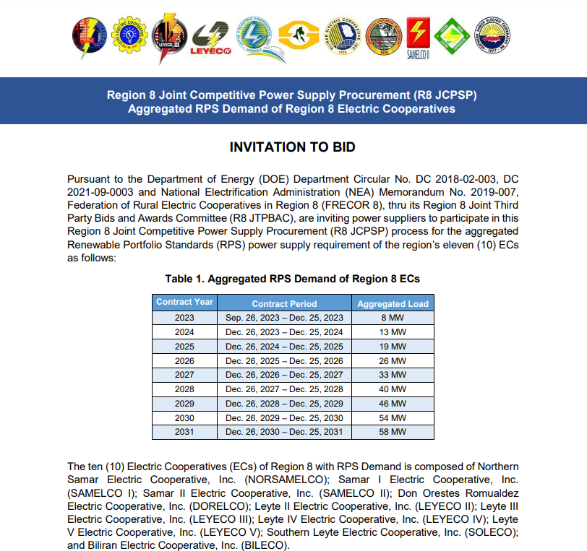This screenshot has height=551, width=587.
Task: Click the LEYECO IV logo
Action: point(210,38)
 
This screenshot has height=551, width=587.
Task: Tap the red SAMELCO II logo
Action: point(419,38)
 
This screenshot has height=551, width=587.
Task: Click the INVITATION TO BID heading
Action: point(293,147)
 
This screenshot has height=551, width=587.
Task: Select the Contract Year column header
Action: point(184,303)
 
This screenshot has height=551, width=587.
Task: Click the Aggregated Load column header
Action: point(393,303)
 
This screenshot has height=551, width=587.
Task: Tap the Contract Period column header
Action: point(284,303)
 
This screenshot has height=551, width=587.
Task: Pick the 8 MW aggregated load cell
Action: point(393,318)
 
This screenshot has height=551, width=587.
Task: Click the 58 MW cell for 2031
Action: point(393,433)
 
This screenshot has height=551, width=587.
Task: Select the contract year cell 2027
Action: point(184,375)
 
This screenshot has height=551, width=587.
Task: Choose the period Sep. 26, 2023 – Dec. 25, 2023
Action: point(284,318)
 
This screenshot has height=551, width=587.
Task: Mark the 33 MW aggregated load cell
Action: point(393,375)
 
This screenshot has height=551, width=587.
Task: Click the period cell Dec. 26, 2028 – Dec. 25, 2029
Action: point(284,404)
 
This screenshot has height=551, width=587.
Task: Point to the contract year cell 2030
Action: point(184,418)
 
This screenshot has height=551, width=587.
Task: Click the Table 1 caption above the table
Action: point(293,279)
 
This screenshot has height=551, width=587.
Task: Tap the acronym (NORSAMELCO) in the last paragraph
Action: point(288,480)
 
